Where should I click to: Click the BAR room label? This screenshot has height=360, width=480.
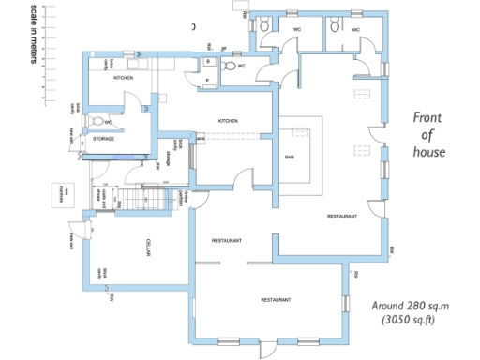pyautogui.click(x=290, y=157)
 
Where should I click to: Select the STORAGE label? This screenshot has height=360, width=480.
pyautogui.click(x=103, y=139)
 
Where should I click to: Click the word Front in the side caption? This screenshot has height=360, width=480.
pyautogui.click(x=433, y=118)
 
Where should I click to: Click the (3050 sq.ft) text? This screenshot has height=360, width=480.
pyautogui.click(x=408, y=321)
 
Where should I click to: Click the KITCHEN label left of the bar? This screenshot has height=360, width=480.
pyautogui.click(x=228, y=121)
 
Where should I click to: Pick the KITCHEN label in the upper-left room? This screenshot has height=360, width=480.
pyautogui.click(x=123, y=78)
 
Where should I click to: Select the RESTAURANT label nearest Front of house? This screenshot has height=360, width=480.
pyautogui.click(x=341, y=217)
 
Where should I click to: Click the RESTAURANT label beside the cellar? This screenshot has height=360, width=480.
pyautogui.click(x=227, y=241)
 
